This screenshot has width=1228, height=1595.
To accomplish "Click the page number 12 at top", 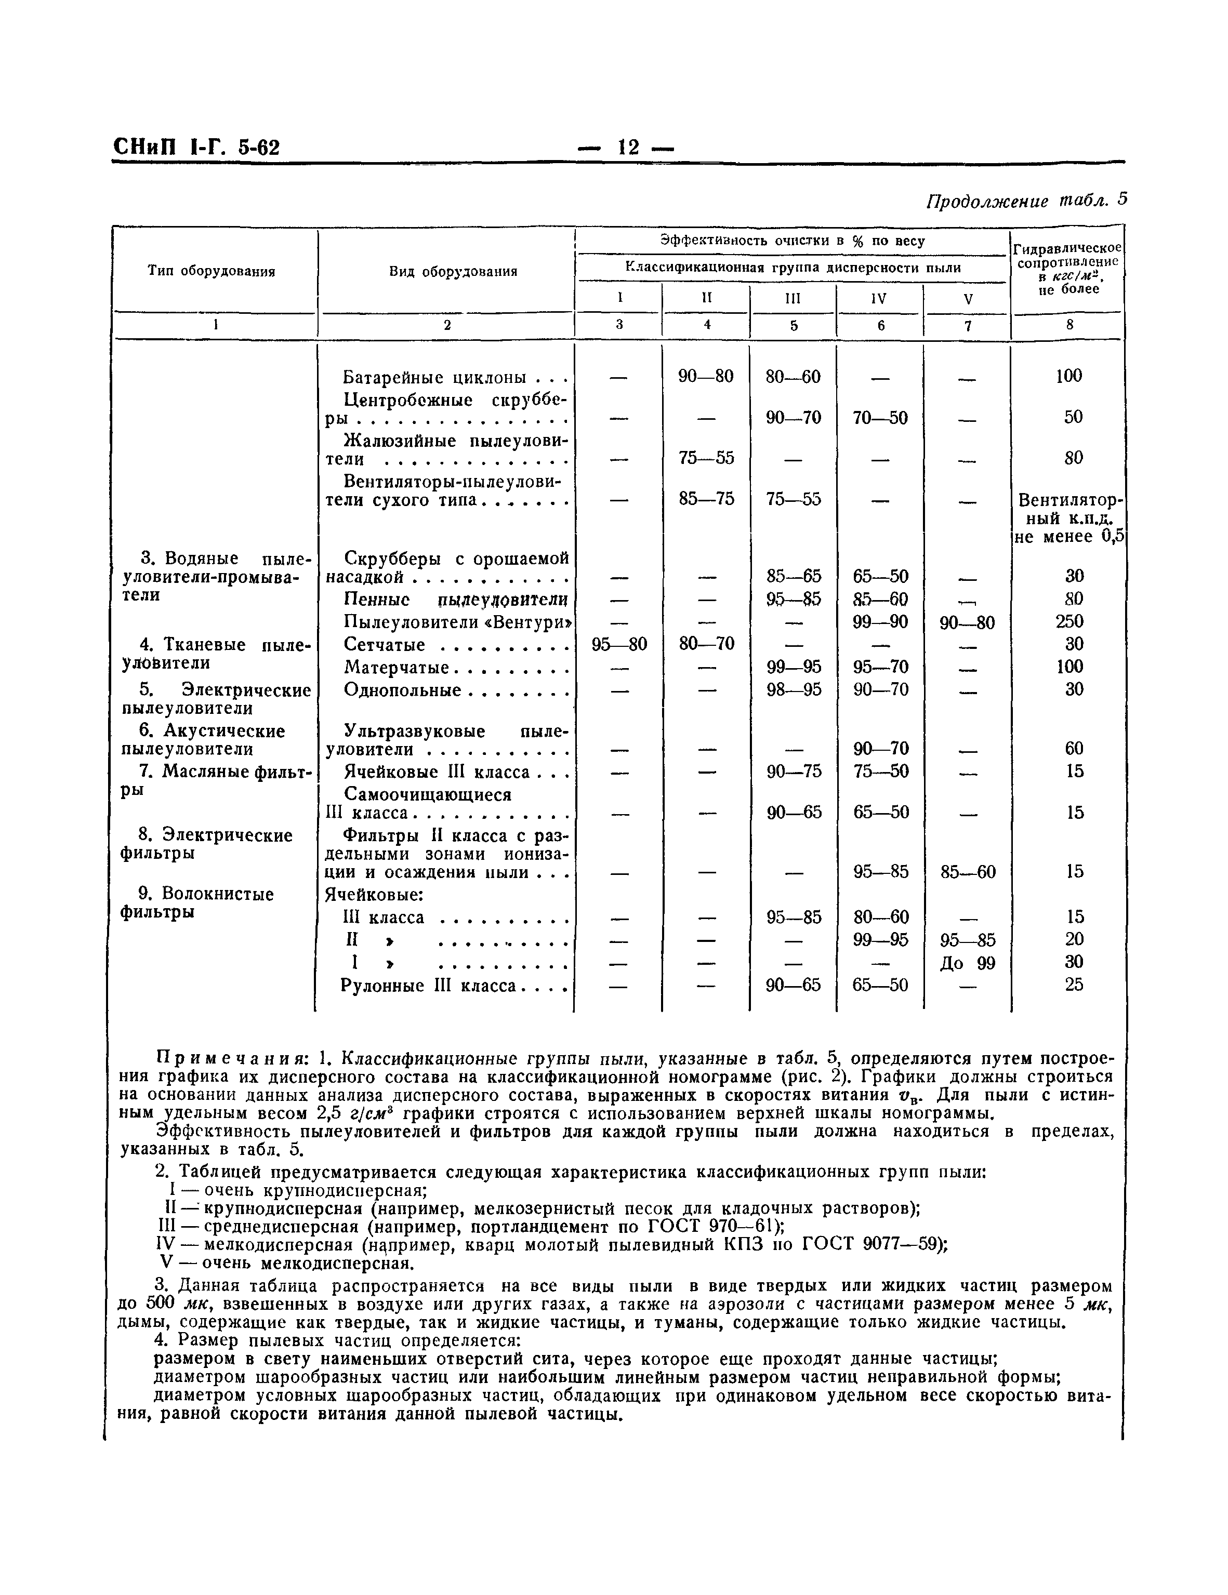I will [x=627, y=148].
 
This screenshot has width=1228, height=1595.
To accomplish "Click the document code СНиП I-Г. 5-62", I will [x=196, y=148].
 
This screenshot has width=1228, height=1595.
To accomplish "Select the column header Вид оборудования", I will [x=453, y=272].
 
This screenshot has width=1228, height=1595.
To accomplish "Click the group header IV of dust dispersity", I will [x=879, y=299].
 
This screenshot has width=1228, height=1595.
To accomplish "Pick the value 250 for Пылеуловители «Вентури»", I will [x=1069, y=621].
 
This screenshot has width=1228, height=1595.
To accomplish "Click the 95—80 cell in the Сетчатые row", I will [x=619, y=644].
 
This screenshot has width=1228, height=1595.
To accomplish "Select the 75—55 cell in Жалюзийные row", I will [x=706, y=458].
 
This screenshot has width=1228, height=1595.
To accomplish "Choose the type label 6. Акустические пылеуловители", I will [x=204, y=740].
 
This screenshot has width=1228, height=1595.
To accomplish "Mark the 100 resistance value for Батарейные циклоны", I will [x=1069, y=376].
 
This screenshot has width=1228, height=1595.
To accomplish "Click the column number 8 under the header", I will [x=1069, y=326].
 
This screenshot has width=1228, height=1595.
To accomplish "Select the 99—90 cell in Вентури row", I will [x=880, y=621].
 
